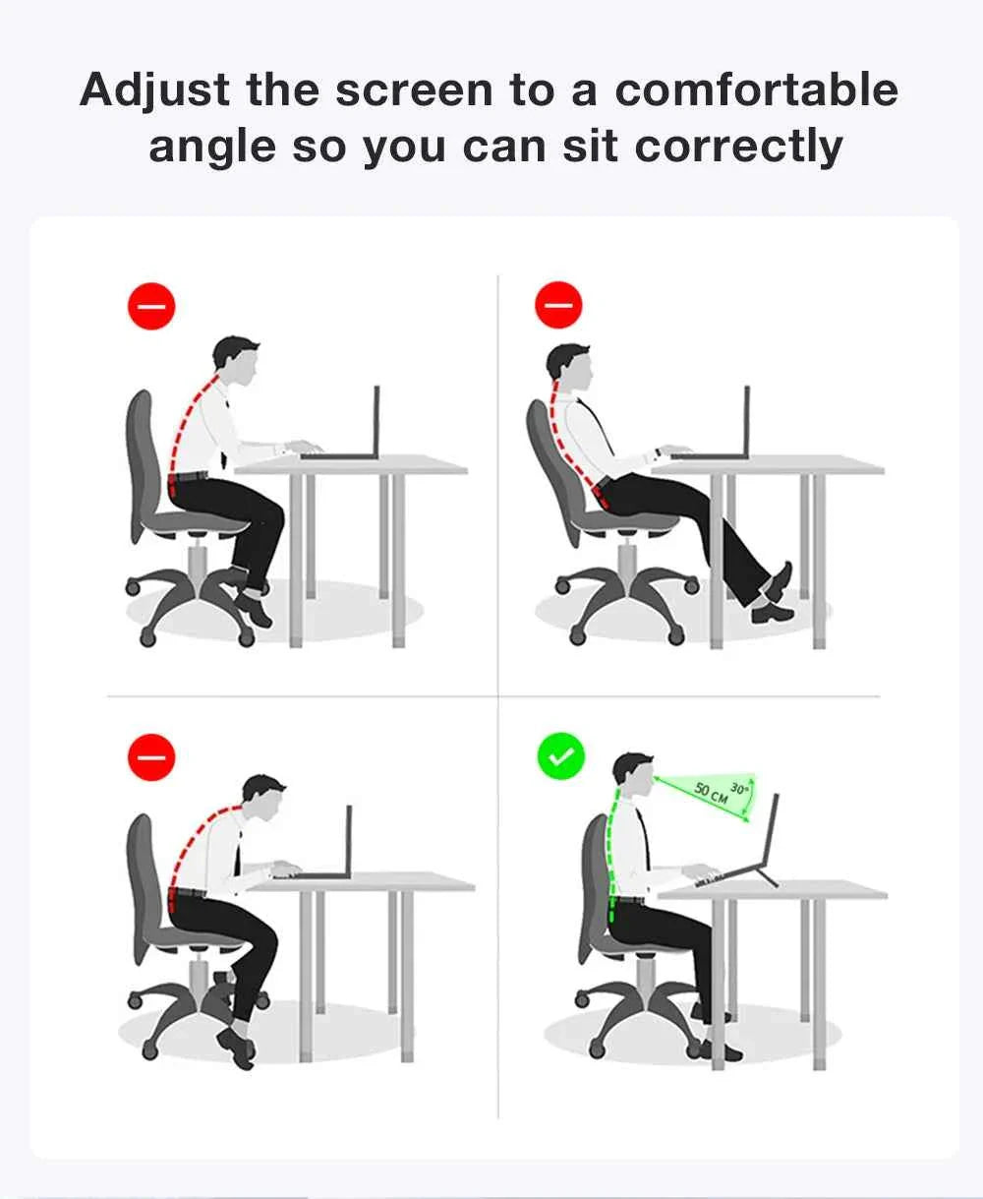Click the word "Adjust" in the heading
[154, 90]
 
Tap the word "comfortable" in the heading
[756, 90]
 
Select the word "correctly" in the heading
[738, 148]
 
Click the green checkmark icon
[561, 756]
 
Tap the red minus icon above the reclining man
[558, 305]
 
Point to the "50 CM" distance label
[711, 792]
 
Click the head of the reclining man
[569, 367]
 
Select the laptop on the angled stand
[738, 844]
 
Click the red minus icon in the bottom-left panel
[151, 756]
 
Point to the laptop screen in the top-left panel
[376, 420]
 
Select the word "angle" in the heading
[212, 148]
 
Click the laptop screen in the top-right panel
[747, 420]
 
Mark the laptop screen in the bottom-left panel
[349, 840]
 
